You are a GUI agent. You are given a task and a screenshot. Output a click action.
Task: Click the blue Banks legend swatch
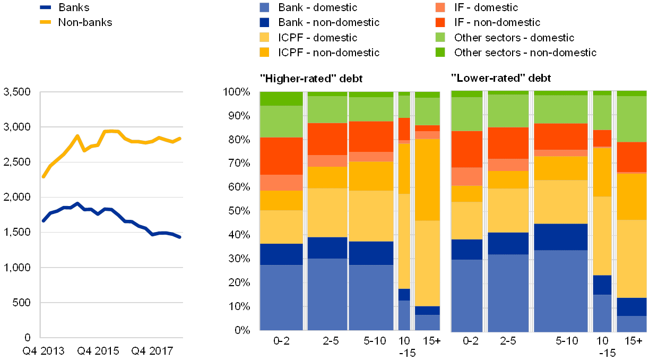point(46,7)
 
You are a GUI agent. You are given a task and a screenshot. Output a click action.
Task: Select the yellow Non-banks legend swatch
point(46,22)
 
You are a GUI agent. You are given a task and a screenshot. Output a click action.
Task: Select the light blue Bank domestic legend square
point(264,7)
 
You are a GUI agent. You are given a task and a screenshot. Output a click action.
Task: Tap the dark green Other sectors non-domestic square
point(440,52)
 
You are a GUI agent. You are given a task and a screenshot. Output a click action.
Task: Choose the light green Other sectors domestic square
point(440,37)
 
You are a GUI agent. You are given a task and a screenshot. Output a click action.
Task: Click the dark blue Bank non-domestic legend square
point(264,22)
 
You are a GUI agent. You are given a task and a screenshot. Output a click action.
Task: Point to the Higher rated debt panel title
point(311,79)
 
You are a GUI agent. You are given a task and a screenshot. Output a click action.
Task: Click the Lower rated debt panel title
point(501,79)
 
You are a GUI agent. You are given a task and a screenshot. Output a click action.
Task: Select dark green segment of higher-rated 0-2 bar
point(281,99)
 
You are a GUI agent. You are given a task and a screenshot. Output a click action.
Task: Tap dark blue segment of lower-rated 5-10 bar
point(561,237)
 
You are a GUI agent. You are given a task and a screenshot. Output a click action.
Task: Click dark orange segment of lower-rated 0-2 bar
point(466,149)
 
